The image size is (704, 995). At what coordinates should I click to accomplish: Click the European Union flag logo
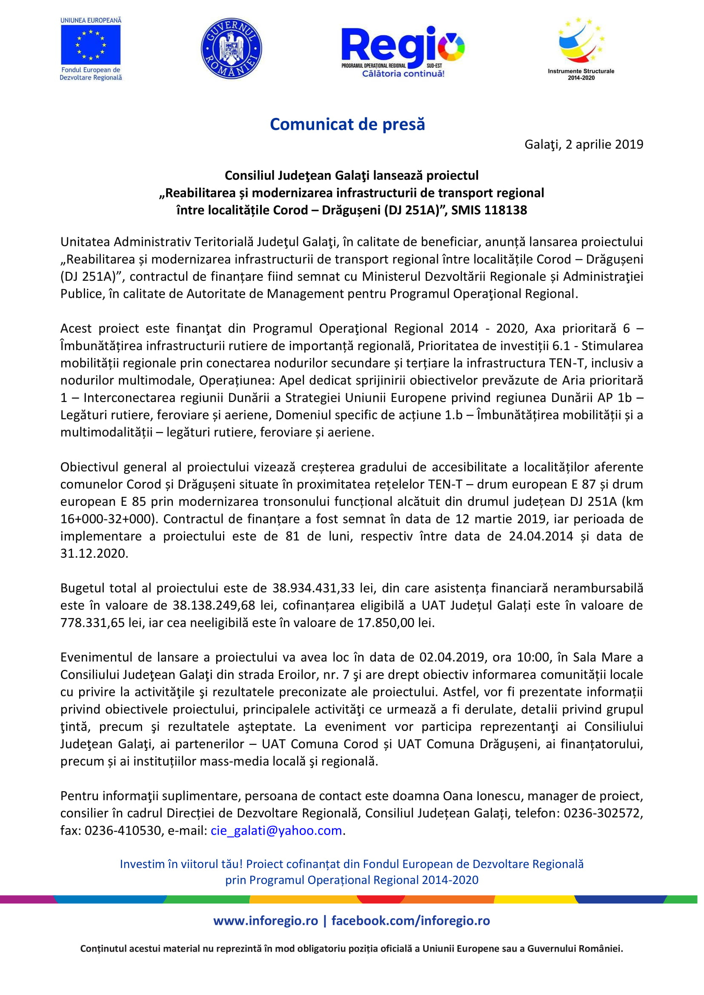coord(91,45)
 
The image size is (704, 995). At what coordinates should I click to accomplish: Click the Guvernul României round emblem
coord(231,48)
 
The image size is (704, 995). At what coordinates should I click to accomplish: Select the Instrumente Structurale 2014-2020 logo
coord(581,48)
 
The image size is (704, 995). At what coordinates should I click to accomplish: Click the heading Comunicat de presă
coord(347,124)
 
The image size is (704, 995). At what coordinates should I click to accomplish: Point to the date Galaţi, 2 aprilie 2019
coord(584,144)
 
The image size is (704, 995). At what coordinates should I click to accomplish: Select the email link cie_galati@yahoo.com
coord(276,830)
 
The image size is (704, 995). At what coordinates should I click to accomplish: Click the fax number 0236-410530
coord(123,830)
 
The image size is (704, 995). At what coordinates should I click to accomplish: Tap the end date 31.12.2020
coord(94,553)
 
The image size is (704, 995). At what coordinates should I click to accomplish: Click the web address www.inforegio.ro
coord(265,921)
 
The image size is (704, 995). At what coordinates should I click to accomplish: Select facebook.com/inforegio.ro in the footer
coord(410,921)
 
